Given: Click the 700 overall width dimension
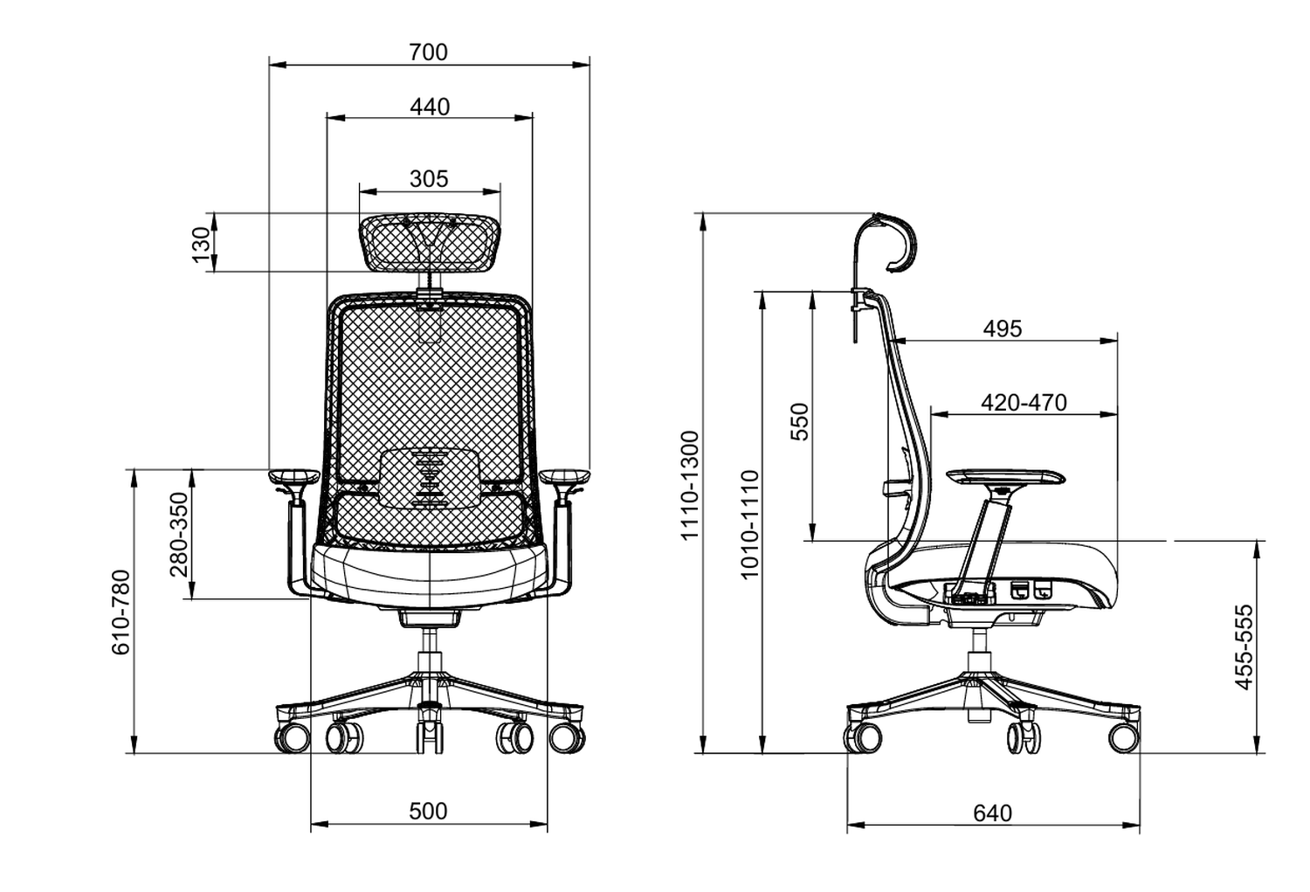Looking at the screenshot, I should pyautogui.click(x=428, y=52).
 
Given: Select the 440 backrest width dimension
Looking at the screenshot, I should pyautogui.click(x=430, y=107).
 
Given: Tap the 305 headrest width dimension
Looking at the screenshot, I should pyautogui.click(x=429, y=178).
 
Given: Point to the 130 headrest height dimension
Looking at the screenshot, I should pyautogui.click(x=202, y=244).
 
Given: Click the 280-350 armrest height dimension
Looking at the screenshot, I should pyautogui.click(x=179, y=534).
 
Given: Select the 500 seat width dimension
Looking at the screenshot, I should pyautogui.click(x=428, y=811).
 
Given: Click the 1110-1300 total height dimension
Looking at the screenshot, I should pyautogui.click(x=690, y=485).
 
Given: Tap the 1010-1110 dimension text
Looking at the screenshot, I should pyautogui.click(x=749, y=524).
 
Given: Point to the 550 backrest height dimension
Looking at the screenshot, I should pyautogui.click(x=800, y=421).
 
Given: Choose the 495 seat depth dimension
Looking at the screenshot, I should pyautogui.click(x=1002, y=328).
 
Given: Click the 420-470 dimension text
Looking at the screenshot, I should pyautogui.click(x=1024, y=402).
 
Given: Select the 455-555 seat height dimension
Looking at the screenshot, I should pyautogui.click(x=1244, y=647).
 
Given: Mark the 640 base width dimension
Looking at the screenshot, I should pyautogui.click(x=992, y=812).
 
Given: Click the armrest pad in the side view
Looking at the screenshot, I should pyautogui.click(x=1005, y=477).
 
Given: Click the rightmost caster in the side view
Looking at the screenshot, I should pyautogui.click(x=1124, y=736).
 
